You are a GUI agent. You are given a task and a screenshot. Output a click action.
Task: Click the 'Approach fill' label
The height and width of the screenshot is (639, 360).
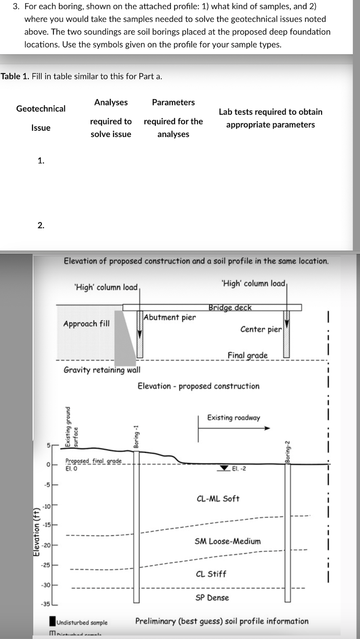(86, 324)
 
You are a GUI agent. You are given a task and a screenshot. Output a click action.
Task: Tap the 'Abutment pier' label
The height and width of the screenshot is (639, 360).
(169, 317)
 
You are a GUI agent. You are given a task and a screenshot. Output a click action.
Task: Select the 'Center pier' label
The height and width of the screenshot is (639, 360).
(261, 329)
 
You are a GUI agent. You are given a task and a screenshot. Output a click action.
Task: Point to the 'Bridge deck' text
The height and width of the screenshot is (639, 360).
(230, 308)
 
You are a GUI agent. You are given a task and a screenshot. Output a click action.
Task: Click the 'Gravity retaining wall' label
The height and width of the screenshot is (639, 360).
(102, 370)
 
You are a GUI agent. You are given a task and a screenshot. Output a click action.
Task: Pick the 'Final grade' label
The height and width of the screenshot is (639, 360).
(247, 355)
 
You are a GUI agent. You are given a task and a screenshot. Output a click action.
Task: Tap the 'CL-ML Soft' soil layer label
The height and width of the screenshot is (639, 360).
(218, 499)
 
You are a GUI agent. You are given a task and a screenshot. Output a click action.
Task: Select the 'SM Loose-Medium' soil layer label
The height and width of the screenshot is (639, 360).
(228, 541)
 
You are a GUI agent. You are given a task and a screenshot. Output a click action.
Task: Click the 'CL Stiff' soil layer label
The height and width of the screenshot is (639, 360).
(211, 574)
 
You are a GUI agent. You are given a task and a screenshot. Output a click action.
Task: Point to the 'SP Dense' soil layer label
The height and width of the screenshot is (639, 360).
(212, 598)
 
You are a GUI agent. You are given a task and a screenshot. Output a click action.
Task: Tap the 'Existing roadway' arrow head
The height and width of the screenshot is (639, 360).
(267, 428)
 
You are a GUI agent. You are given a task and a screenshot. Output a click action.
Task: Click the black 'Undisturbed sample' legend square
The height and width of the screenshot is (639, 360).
(52, 622)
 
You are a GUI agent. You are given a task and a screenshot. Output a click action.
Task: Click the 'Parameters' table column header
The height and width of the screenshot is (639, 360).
(173, 102)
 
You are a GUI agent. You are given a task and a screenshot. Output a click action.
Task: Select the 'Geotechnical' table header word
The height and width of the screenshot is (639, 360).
(41, 109)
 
